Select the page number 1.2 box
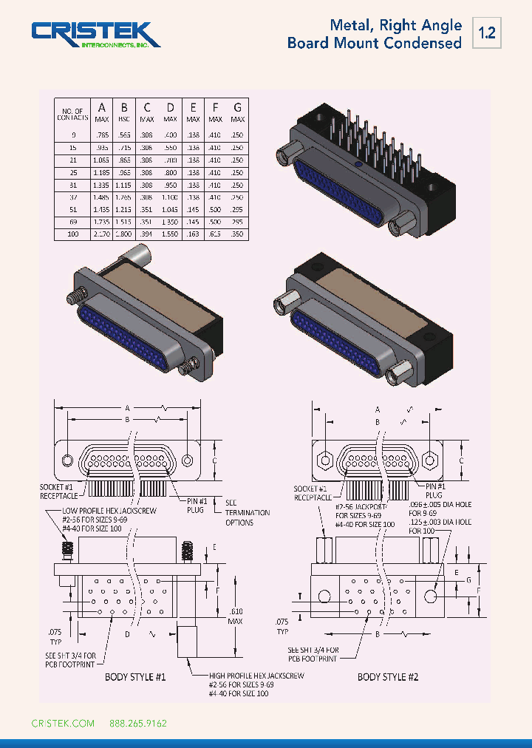point(487,33)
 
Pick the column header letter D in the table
point(170,108)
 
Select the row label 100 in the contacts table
point(73,234)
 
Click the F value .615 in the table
point(215,234)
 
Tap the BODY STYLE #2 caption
point(383,676)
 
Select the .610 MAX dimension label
point(235,617)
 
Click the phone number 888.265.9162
point(138,723)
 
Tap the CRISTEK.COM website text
point(63,723)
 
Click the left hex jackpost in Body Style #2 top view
point(323,460)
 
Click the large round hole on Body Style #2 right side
point(432,595)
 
